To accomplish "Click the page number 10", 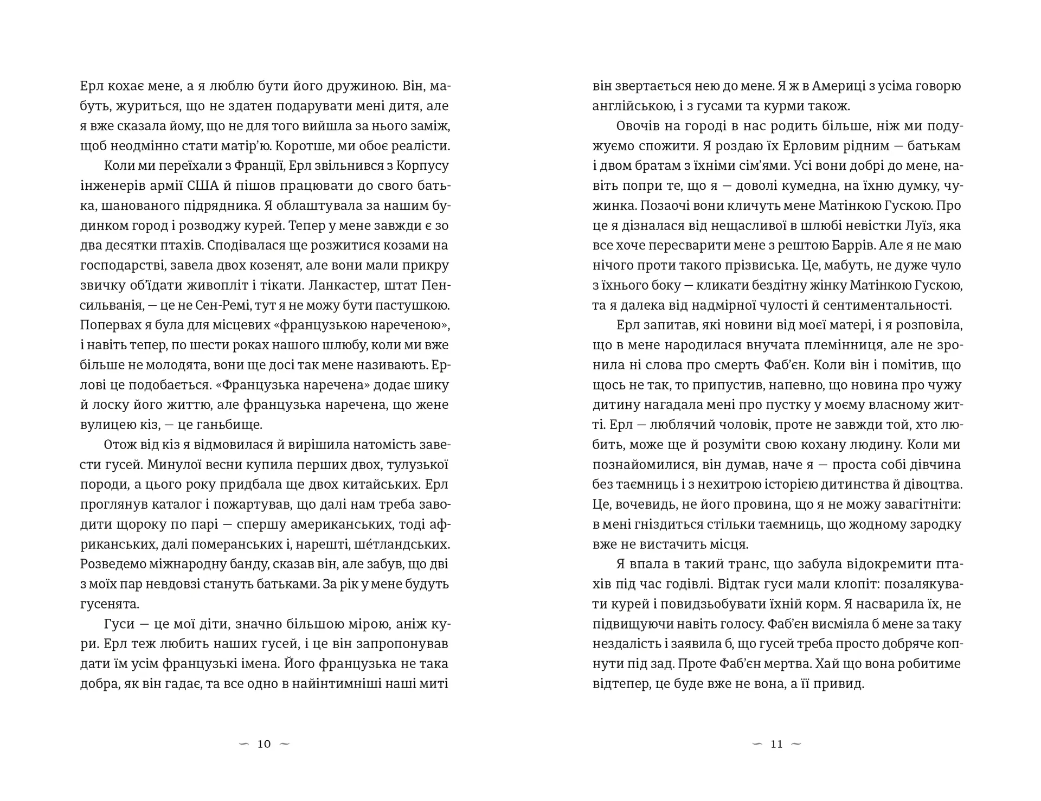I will [x=264, y=744].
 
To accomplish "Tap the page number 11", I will [x=776, y=744].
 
